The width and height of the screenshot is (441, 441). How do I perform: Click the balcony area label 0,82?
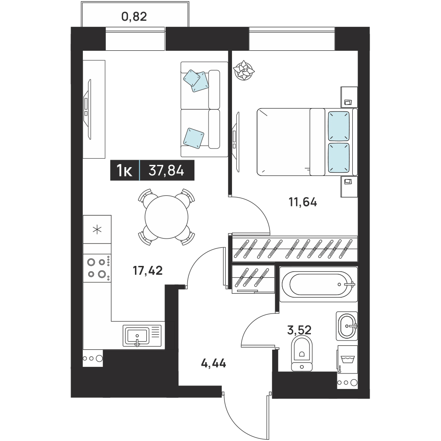(x=134, y=17)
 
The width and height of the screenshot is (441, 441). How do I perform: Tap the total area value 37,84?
(x=166, y=170)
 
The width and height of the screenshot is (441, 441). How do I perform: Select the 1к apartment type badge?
(x=124, y=170)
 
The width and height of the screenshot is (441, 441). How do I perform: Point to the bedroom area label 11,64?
(x=303, y=202)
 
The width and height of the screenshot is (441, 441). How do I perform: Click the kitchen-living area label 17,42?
(x=148, y=271)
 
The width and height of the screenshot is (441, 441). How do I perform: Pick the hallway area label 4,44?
(x=213, y=364)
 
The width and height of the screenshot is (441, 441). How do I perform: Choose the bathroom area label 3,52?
(x=299, y=330)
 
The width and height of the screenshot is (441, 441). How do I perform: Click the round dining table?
(x=166, y=217)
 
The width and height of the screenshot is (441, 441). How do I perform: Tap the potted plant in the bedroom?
(x=244, y=70)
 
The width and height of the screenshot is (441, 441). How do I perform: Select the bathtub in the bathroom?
(x=318, y=284)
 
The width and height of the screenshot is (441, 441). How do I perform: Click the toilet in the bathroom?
(x=302, y=354)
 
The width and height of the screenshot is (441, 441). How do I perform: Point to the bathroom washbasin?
(x=347, y=326)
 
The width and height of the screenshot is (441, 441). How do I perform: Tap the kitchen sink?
(x=142, y=335)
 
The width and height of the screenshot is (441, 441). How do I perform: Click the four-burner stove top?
(x=97, y=268)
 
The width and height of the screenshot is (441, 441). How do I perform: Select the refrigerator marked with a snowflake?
(x=97, y=229)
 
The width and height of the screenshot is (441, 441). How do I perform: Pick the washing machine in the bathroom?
(x=348, y=359)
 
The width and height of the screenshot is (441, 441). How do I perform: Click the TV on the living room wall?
(x=88, y=109)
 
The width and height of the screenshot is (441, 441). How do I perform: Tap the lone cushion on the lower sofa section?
(x=194, y=138)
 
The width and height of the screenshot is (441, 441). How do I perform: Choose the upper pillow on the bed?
(x=339, y=126)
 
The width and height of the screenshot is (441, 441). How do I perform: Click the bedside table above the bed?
(x=349, y=97)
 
